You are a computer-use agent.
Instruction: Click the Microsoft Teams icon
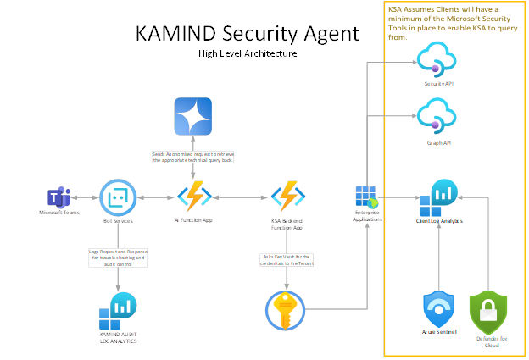coord(58,198)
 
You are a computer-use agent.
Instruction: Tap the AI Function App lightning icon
coord(194,197)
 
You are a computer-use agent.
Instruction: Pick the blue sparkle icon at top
coord(193,117)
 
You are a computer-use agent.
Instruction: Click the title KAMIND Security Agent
coord(247,34)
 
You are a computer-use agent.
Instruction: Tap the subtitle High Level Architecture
coord(247,53)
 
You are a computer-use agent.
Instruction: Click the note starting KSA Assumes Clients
coord(453,22)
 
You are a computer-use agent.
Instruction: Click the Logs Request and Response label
coord(118,258)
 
